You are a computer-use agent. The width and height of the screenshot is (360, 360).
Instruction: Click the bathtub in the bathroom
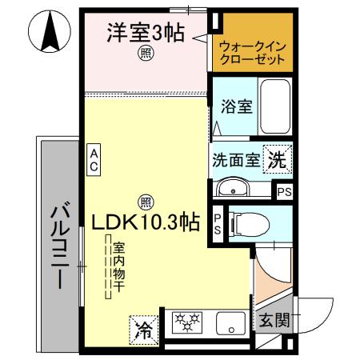pos(275,108)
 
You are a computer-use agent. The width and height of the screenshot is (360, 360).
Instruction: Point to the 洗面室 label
pos(235,159)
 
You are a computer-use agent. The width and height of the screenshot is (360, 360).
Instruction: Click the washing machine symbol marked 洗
pos(277,158)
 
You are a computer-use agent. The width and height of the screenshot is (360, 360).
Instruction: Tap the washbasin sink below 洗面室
pos(234,190)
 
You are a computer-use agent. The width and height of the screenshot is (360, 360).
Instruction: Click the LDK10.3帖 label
pos(145,222)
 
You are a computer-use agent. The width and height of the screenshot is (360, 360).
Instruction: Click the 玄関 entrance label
pos(273,322)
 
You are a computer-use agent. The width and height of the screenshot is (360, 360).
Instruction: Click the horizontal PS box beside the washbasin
pos(284,192)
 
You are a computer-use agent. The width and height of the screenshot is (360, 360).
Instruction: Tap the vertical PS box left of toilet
pos(218,223)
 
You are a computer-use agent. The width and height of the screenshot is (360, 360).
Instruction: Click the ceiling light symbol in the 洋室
pos(146,54)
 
